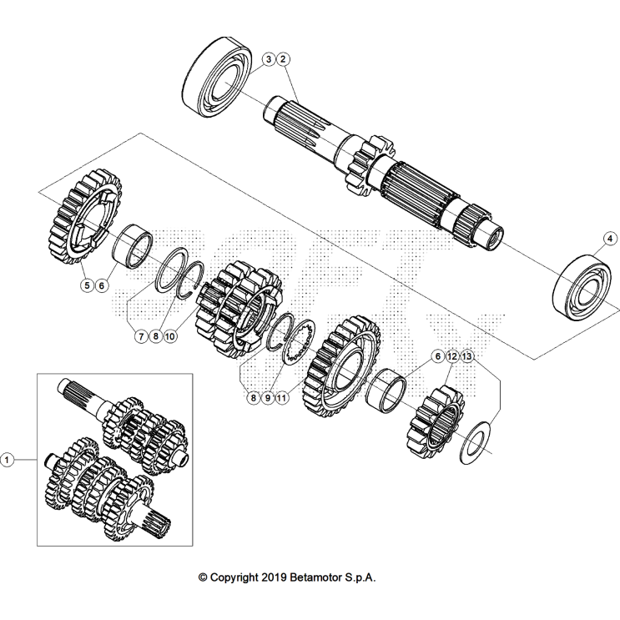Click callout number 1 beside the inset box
(x=7, y=460)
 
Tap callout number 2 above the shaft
(x=282, y=59)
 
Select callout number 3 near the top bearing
(x=269, y=59)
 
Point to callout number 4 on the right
(x=610, y=239)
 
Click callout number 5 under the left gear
(x=87, y=285)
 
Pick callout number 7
(x=141, y=336)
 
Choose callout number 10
(x=170, y=336)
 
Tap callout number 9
(x=268, y=398)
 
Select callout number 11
(x=281, y=398)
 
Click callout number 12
(x=452, y=356)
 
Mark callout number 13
(x=467, y=356)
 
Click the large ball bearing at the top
(x=218, y=77)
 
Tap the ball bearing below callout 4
(x=582, y=287)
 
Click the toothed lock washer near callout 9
(x=300, y=340)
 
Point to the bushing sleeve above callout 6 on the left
(x=133, y=246)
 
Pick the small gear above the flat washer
(x=436, y=423)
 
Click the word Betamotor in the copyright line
(x=316, y=577)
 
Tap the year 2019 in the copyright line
(x=273, y=577)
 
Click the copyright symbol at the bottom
(x=203, y=577)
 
